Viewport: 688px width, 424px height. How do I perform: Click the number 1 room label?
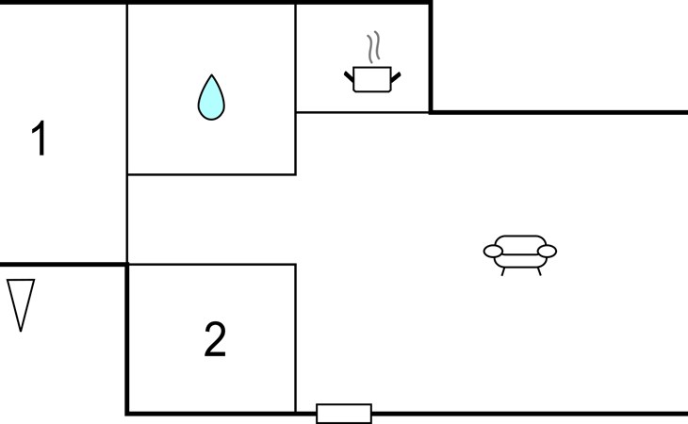(39, 139)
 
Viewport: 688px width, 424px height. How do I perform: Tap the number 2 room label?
(215, 340)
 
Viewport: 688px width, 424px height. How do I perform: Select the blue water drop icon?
(211, 97)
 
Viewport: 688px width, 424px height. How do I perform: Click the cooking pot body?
(370, 80)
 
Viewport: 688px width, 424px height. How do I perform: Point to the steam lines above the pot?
(374, 48)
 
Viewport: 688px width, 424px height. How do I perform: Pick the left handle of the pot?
(350, 73)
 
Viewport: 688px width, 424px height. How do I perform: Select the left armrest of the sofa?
(494, 251)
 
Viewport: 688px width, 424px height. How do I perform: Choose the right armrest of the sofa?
(546, 251)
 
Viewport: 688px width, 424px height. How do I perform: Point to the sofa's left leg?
(503, 271)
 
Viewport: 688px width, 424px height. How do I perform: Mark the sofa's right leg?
(538, 271)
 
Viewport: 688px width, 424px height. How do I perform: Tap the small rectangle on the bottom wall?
(344, 413)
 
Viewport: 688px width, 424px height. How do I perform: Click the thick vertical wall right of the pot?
(431, 57)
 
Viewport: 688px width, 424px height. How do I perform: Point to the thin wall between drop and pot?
(296, 57)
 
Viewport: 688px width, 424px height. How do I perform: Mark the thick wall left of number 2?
(127, 339)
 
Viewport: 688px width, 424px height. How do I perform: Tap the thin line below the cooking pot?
(363, 112)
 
